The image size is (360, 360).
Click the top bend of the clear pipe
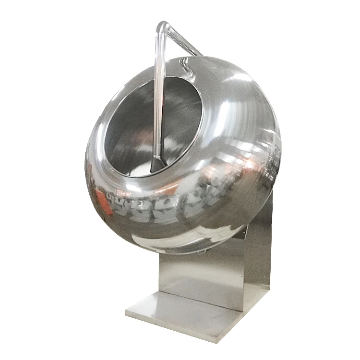pos(162,27)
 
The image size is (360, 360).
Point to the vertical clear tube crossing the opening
pos(156,106)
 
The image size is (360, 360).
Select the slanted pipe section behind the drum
pos(185,41)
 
